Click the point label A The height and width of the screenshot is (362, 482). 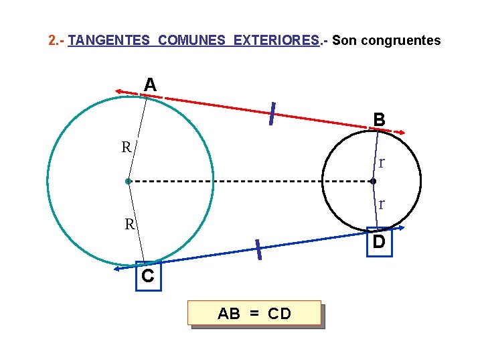(151, 85)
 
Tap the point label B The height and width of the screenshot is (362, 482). (380, 120)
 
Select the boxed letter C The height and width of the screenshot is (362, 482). (147, 276)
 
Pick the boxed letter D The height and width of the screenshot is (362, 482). (379, 242)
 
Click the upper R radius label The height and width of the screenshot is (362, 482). (126, 147)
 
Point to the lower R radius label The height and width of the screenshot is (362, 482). (130, 225)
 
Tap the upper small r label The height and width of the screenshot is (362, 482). (381, 163)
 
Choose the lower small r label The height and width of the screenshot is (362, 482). (381, 204)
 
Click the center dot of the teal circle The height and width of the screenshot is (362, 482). (127, 181)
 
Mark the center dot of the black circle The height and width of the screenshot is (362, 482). (373, 181)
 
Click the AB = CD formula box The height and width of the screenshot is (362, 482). (254, 313)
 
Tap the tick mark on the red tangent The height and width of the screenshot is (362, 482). (272, 113)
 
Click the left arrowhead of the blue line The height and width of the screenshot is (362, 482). (117, 269)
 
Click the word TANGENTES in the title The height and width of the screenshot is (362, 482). (109, 41)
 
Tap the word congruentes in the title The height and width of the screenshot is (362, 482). (400, 41)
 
